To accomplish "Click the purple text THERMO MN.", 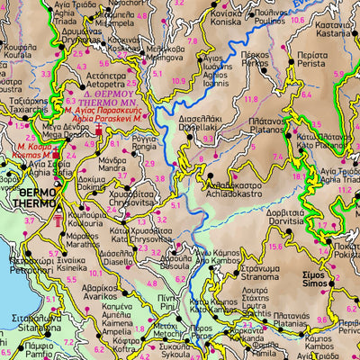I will tap(108, 102).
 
